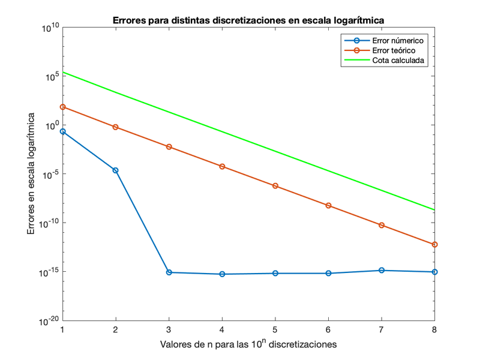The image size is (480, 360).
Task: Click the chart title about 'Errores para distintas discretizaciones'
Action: pyautogui.click(x=248, y=20)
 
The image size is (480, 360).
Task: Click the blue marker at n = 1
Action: pyautogui.click(x=62, y=131)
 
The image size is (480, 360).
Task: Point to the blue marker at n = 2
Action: pyautogui.click(x=115, y=170)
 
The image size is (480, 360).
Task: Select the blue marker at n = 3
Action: pyautogui.click(x=169, y=272)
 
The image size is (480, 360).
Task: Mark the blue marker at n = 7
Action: pyautogui.click(x=381, y=271)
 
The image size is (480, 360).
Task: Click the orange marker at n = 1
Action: pyautogui.click(x=62, y=107)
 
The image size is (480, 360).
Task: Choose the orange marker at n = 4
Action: pyautogui.click(x=222, y=166)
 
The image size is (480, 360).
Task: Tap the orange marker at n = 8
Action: pyautogui.click(x=434, y=244)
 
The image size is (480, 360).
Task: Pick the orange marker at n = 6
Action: pyautogui.click(x=328, y=206)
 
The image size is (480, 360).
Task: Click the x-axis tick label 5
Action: pyautogui.click(x=275, y=329)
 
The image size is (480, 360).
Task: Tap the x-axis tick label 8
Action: pyautogui.click(x=434, y=329)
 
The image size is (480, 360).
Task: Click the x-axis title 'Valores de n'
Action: pyautogui.click(x=248, y=344)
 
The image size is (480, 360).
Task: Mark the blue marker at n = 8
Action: pyautogui.click(x=434, y=272)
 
